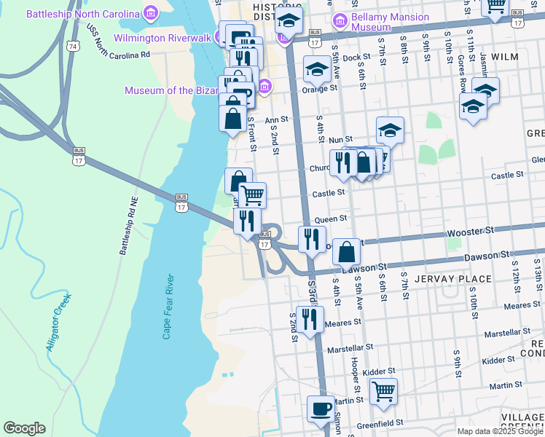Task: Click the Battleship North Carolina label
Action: tap(82, 14)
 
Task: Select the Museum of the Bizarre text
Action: tap(171, 90)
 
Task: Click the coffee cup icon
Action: tap(320, 409)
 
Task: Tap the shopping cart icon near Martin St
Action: tap(383, 392)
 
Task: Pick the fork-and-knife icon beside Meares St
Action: tap(310, 318)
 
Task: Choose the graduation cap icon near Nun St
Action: tap(390, 130)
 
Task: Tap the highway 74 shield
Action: tap(71, 45)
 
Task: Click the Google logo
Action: tap(24, 428)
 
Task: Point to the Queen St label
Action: tap(330, 219)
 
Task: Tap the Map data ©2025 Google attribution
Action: tap(499, 431)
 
